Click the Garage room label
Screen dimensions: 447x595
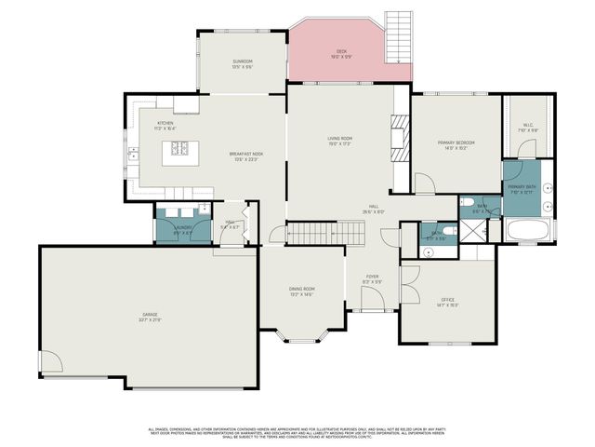[149, 318]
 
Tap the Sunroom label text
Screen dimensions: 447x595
[242, 64]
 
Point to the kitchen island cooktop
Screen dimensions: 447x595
[178, 148]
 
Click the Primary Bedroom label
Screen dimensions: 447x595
[456, 144]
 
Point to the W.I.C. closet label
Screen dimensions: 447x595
[527, 128]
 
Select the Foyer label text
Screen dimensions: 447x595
[372, 278]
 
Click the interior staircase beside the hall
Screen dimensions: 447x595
[315, 233]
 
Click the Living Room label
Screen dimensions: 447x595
[339, 141]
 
